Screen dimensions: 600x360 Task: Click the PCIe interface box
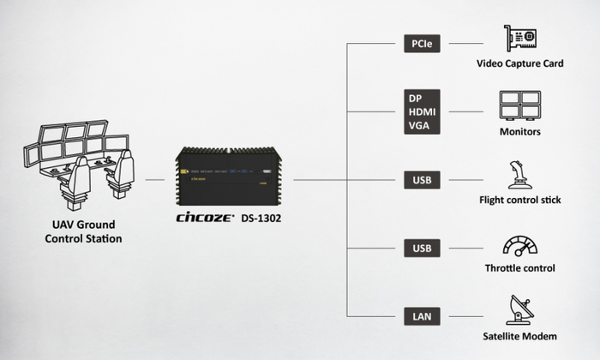click(x=422, y=44)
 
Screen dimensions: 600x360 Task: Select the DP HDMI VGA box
click(x=422, y=111)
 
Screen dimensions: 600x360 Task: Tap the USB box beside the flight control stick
click(x=422, y=180)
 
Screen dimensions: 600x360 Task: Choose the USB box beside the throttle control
click(x=422, y=248)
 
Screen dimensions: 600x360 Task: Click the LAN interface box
click(x=422, y=316)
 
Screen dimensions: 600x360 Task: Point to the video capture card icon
click(x=520, y=39)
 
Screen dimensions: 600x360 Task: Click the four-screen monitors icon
click(x=520, y=105)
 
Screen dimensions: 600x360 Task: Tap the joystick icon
click(x=519, y=175)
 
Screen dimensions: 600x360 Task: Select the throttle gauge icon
click(x=520, y=246)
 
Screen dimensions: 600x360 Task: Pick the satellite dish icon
click(x=520, y=310)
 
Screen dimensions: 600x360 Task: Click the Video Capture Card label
click(x=520, y=63)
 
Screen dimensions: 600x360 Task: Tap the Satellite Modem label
click(x=520, y=336)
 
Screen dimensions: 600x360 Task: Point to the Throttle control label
click(x=520, y=268)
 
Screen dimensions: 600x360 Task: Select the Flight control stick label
click(x=520, y=200)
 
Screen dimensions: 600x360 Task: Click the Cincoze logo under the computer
click(x=205, y=218)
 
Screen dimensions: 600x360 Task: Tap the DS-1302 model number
click(x=261, y=219)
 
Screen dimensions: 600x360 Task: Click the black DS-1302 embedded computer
click(x=229, y=176)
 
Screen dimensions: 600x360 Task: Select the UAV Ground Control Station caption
click(x=83, y=231)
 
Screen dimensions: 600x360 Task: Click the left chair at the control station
click(x=75, y=183)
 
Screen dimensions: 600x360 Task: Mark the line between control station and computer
click(x=155, y=180)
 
